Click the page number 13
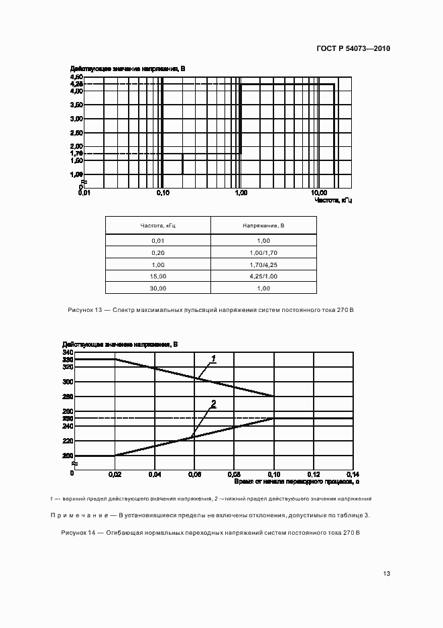(x=387, y=574)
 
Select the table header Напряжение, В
(x=263, y=225)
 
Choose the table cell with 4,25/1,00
(x=263, y=276)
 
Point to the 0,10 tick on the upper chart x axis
(x=163, y=193)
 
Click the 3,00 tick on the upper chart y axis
(x=76, y=119)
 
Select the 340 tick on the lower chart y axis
(x=67, y=352)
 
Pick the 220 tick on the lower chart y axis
(x=67, y=441)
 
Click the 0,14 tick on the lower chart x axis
(x=353, y=474)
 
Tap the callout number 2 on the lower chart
(x=213, y=403)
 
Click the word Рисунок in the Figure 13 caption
(x=80, y=310)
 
